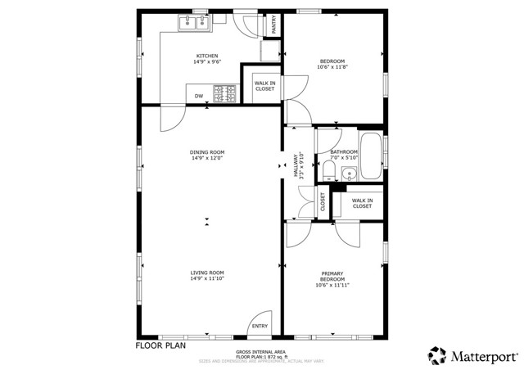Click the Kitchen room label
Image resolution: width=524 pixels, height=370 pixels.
[206, 59]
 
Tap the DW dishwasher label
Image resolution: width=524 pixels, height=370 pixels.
[199, 97]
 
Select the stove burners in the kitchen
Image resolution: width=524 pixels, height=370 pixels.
[224, 94]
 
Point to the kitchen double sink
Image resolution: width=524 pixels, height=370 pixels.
[196, 22]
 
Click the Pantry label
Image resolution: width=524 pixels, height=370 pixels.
[273, 25]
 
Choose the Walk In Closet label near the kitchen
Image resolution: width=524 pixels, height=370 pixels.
[264, 85]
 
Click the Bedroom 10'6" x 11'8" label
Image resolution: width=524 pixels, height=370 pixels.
[332, 64]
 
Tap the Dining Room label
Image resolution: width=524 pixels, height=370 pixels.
[207, 155]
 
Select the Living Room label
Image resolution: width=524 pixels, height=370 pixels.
[207, 276]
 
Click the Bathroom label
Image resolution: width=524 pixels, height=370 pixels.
[344, 155]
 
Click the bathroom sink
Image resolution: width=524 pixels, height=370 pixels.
[348, 173]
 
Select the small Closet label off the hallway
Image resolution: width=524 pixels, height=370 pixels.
[322, 201]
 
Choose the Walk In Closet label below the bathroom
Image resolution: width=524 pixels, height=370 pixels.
[362, 203]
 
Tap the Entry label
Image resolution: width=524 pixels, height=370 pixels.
[260, 326]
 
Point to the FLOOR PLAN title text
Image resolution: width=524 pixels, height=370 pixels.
[160, 345]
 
